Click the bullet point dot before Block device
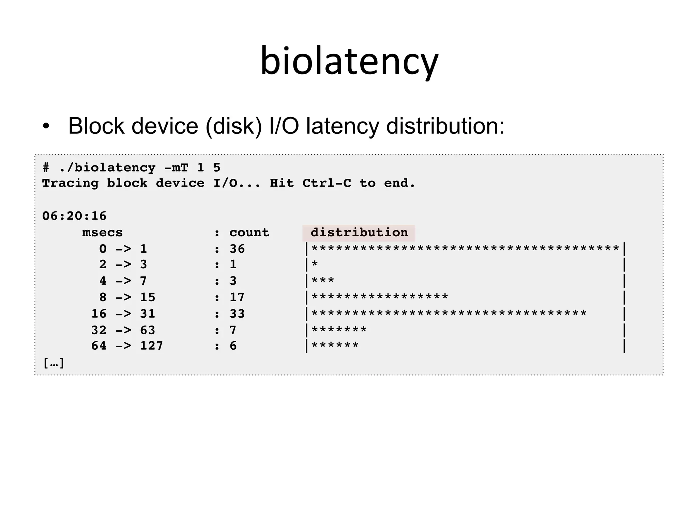(46, 126)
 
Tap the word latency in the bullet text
(342, 126)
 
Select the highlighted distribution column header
(359, 233)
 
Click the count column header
(249, 233)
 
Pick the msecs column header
(102, 233)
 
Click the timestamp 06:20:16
(74, 216)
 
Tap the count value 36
(237, 249)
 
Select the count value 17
(237, 298)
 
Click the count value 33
(237, 314)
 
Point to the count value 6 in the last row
(233, 346)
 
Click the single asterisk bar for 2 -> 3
(315, 265)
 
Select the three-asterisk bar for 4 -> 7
(323, 281)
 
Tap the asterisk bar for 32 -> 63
(339, 330)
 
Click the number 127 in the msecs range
(152, 346)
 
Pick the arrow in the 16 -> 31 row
(123, 314)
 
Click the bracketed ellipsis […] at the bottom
(54, 363)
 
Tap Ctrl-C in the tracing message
(327, 184)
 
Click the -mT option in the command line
(176, 168)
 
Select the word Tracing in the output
(70, 184)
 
